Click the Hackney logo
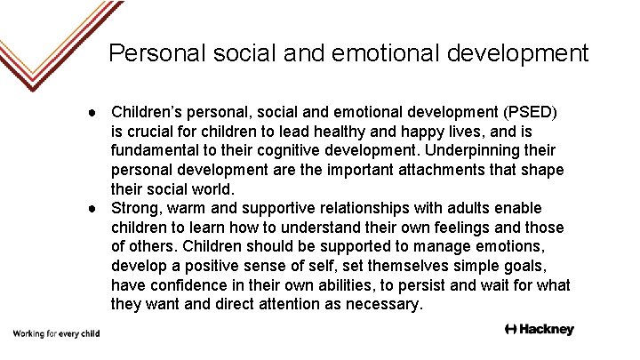(539, 330)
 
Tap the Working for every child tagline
(55, 333)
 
